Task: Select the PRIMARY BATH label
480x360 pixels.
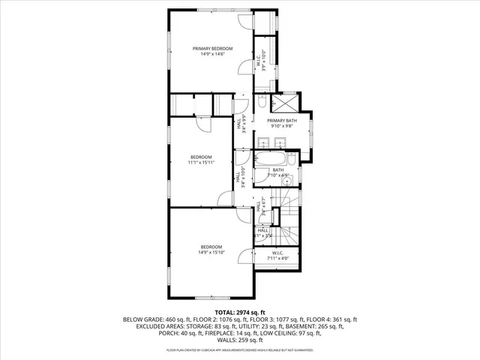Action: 282,120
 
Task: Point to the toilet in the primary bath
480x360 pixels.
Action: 259,102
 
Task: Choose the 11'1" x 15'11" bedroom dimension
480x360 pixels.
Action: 205,162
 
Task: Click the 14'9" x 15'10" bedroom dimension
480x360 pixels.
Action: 211,253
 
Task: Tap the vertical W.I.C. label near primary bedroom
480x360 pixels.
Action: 257,61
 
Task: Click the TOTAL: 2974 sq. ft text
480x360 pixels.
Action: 239,312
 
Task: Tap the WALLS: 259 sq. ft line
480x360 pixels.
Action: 240,340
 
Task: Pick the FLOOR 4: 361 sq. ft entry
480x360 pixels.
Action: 334,319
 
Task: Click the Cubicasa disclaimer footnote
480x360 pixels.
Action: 239,350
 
